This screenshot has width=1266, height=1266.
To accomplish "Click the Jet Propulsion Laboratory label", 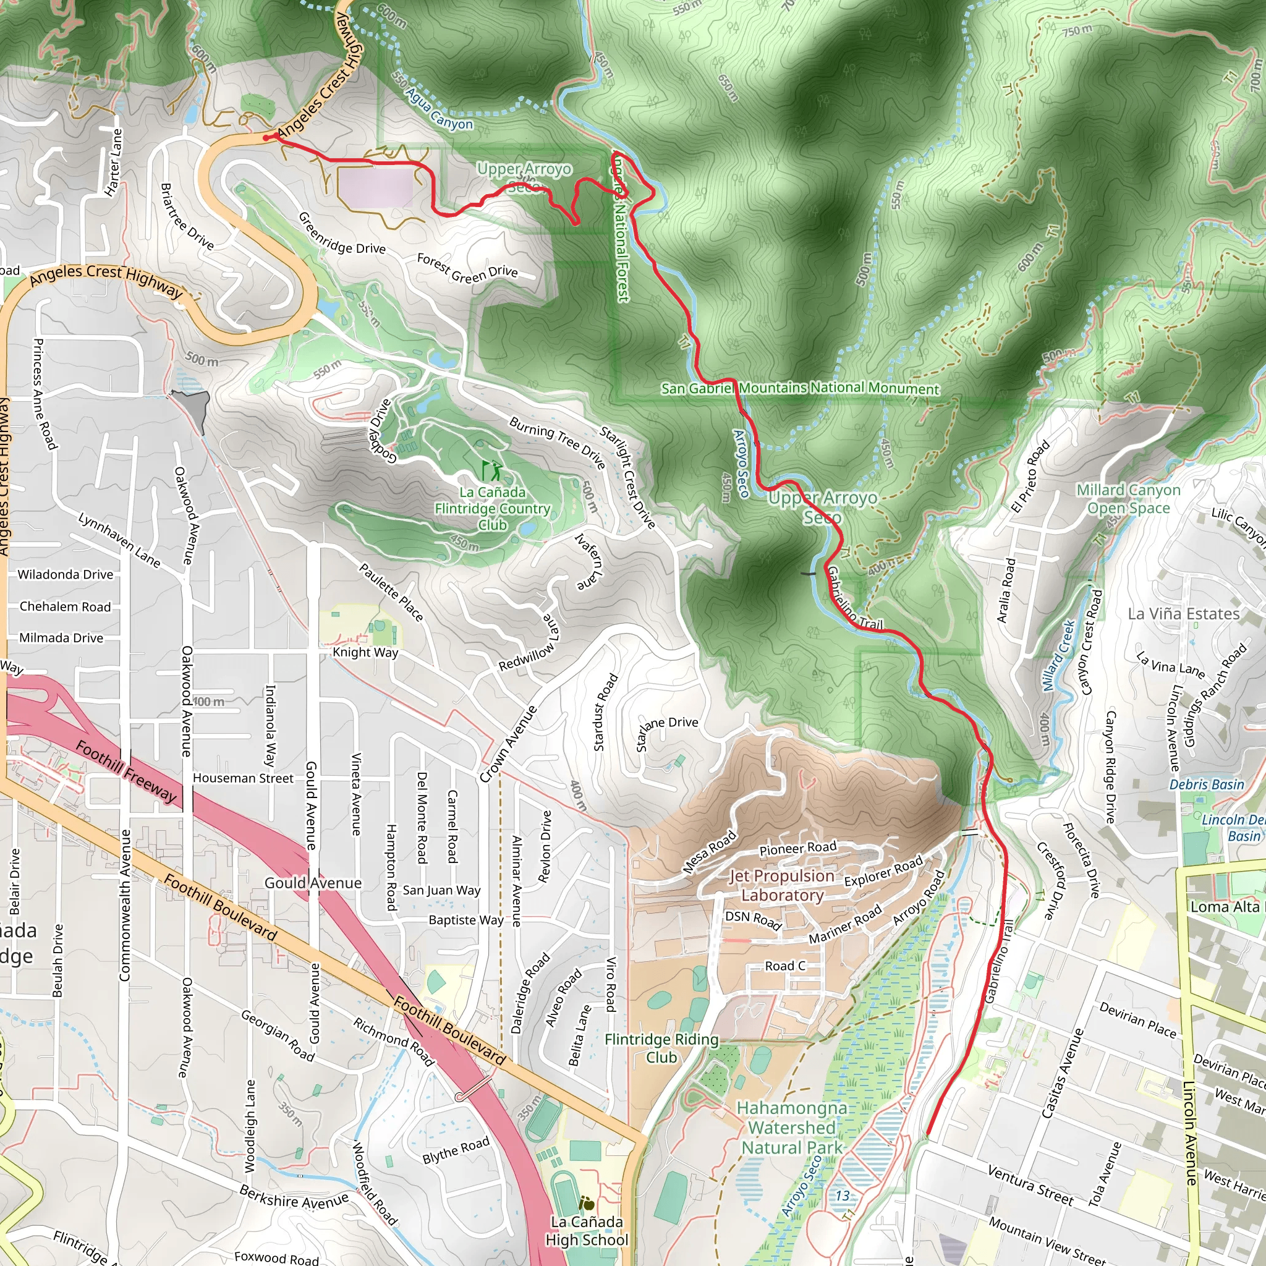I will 782,885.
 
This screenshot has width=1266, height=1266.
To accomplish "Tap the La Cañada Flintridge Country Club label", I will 492,509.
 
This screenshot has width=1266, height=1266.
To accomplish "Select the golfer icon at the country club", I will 492,470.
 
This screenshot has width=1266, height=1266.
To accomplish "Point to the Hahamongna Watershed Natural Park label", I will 792,1128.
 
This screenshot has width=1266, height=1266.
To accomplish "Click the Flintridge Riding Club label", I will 661,1048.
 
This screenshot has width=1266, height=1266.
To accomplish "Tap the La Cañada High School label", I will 587,1231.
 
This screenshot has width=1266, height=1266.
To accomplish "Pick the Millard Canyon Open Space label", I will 1128,499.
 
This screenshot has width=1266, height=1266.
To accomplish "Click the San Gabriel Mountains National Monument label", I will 799,388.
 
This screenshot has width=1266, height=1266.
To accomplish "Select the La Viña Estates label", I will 1183,613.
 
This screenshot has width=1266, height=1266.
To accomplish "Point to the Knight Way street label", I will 365,652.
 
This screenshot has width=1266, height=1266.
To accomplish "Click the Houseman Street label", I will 243,778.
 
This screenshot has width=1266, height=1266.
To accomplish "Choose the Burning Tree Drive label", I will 557,443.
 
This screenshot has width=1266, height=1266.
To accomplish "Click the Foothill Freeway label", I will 127,771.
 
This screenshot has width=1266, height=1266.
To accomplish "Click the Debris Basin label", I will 1207,784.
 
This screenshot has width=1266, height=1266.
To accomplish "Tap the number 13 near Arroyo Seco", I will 842,1196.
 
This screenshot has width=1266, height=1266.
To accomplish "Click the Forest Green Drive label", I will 467,268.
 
